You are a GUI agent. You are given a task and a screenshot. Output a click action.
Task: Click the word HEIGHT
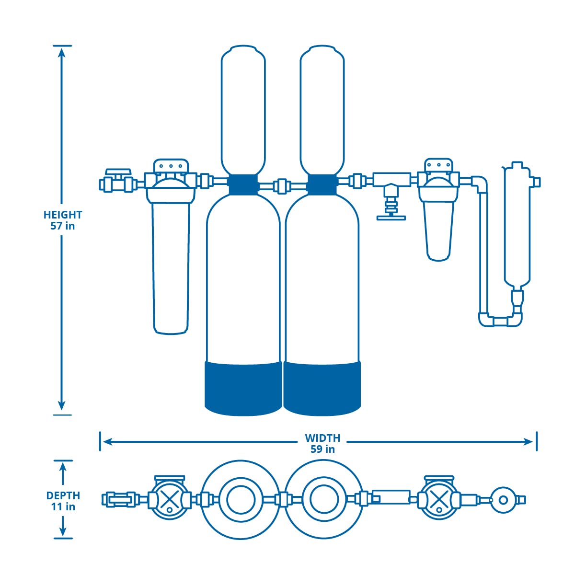click(63, 215)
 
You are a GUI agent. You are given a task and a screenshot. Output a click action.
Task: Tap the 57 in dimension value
click(63, 226)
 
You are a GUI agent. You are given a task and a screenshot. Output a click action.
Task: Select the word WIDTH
click(322, 438)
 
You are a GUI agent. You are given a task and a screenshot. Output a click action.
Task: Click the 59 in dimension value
click(322, 449)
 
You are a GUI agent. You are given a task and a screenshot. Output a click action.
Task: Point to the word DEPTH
click(63, 495)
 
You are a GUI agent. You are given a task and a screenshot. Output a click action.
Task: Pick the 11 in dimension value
click(63, 506)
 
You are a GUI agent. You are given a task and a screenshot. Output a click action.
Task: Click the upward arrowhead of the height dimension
click(62, 53)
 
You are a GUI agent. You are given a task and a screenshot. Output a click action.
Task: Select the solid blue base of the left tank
click(243, 388)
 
